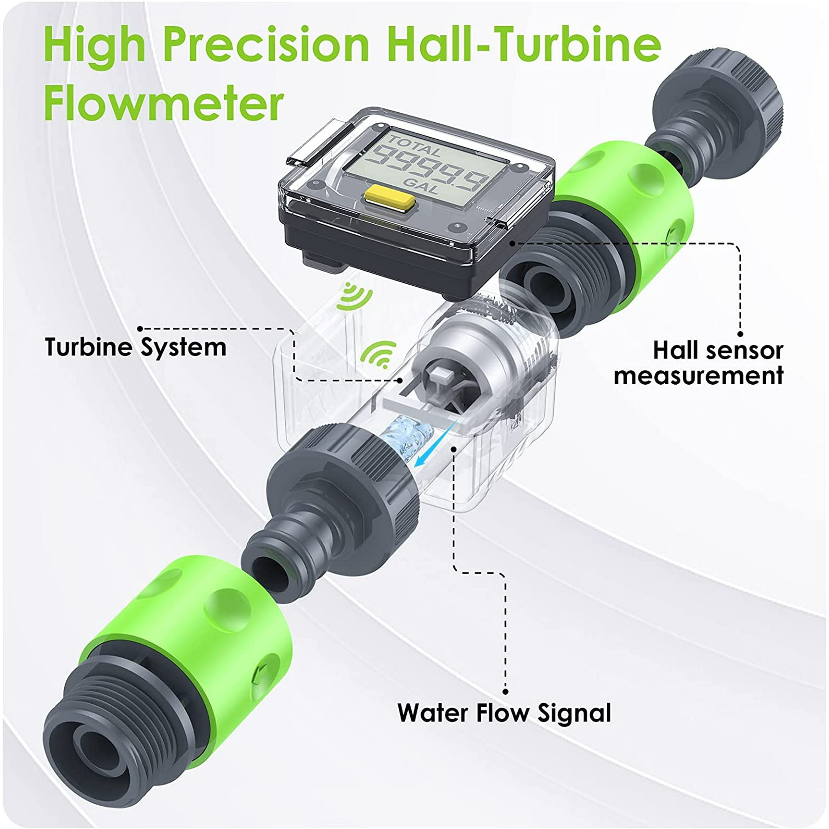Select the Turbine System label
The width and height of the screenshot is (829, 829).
pos(136,347)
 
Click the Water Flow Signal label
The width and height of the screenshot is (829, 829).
pos(504,713)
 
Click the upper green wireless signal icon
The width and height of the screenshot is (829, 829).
pos(353,296)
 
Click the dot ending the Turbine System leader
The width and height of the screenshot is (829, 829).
pos(400,380)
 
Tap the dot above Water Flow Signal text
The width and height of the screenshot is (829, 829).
pos(506,692)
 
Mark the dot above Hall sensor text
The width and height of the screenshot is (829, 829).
pos(740,334)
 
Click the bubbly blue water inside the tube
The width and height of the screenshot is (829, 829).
pos(405,437)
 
